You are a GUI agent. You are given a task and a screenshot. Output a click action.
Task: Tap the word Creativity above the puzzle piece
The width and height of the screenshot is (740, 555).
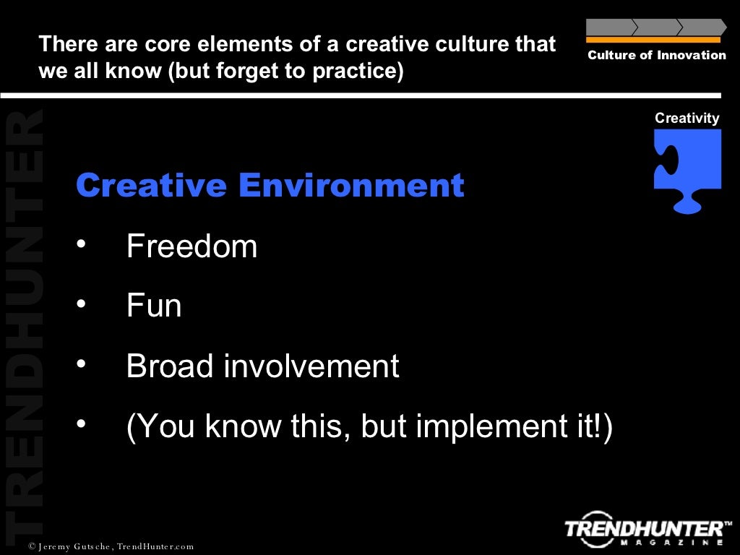pos(687,118)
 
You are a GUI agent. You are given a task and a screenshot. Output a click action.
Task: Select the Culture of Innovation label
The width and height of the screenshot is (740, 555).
pos(656,56)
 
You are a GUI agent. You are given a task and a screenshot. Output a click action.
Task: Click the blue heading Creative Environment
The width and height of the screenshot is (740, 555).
pos(270,186)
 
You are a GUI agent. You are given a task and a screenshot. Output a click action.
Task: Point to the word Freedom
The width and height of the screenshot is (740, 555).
pos(192,246)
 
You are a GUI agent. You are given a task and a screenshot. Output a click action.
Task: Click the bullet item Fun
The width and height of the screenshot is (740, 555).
pos(154,306)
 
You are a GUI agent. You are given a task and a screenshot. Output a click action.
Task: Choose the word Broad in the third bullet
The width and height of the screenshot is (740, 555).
pos(170,366)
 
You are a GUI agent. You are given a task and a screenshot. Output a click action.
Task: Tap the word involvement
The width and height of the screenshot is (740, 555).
pos(311,366)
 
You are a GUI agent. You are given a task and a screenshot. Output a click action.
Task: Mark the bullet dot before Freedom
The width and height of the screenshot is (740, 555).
pos(82,244)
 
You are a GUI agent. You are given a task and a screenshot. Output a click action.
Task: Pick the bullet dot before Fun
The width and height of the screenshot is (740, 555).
pos(82,304)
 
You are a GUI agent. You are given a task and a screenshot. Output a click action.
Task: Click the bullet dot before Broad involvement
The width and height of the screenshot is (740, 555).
pos(82,364)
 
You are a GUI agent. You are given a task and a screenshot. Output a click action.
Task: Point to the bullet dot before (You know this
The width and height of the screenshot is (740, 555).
pos(82,424)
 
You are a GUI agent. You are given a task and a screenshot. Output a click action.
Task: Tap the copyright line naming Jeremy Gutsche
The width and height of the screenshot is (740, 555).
pos(111,546)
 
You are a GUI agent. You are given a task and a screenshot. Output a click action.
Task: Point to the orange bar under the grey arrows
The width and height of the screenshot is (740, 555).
pos(653,40)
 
